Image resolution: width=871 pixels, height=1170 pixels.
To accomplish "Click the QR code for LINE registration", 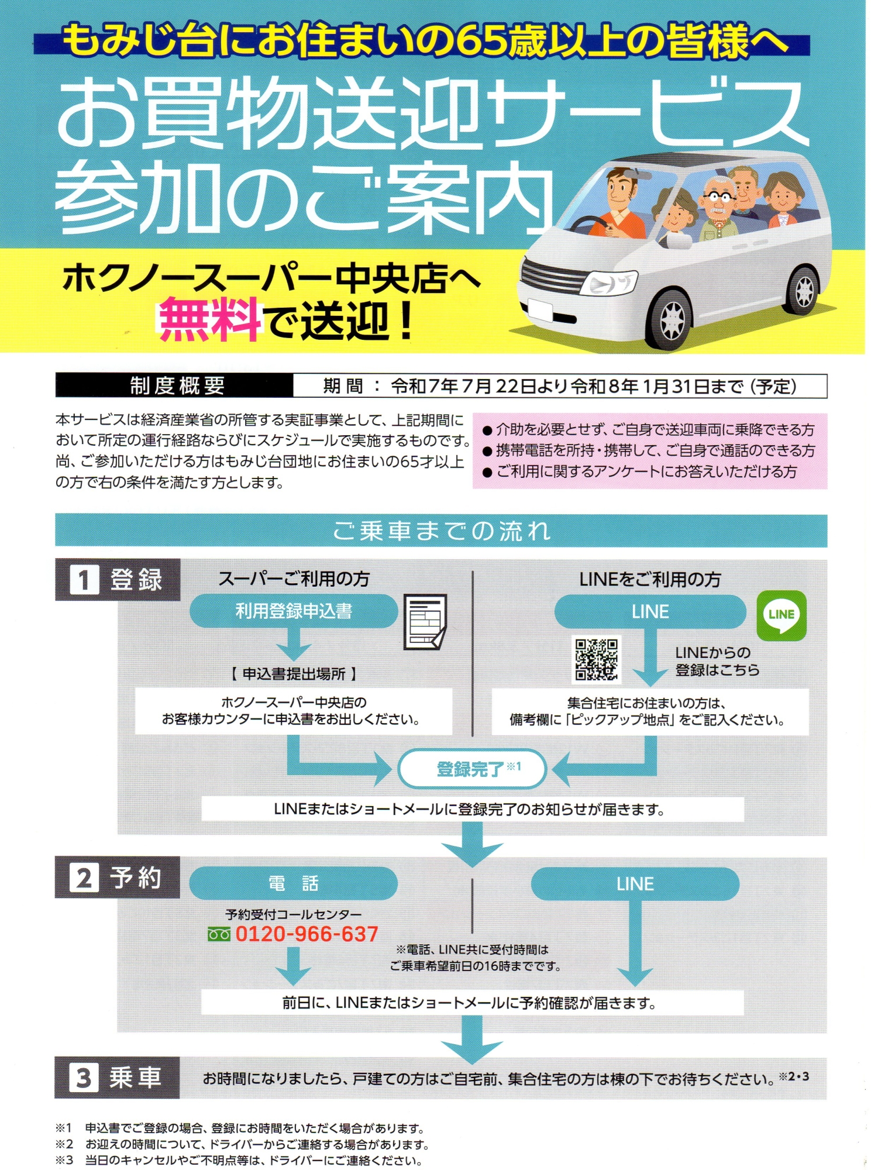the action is tap(596, 660).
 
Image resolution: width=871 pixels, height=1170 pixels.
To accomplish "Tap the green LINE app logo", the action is tap(782, 615).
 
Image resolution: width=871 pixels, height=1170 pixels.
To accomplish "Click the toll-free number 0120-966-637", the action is tap(307, 934).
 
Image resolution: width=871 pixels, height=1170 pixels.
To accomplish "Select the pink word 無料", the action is tap(209, 319).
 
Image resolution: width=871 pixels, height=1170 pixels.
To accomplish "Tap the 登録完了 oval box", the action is tap(472, 769).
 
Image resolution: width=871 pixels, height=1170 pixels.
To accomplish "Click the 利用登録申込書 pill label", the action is tap(294, 611).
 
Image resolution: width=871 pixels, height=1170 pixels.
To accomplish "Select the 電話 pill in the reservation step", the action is tap(294, 883).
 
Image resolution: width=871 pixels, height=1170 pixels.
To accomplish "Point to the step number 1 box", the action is tap(84, 580).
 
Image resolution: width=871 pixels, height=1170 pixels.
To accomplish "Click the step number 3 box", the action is tap(84, 1078).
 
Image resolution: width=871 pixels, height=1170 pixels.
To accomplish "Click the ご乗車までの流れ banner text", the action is tap(442, 531).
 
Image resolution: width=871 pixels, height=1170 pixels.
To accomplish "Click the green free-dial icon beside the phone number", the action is tap(219, 935).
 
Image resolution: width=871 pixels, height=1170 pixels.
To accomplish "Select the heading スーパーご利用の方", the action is tap(294, 579).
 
